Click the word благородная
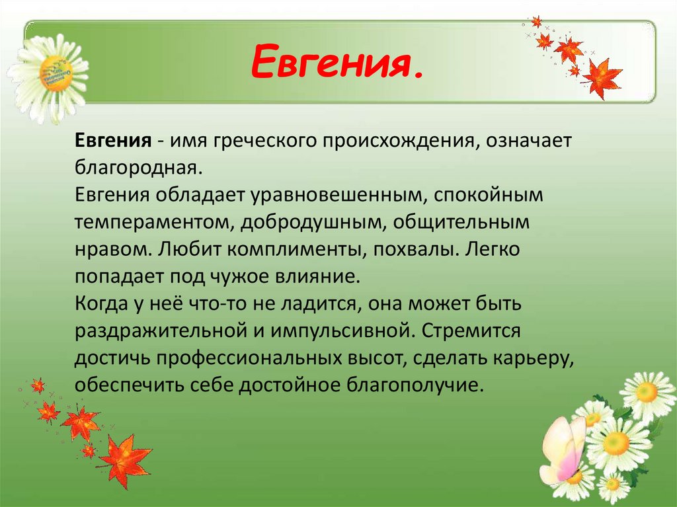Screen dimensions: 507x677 [x=137, y=169]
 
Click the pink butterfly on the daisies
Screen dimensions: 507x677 [x=561, y=449]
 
